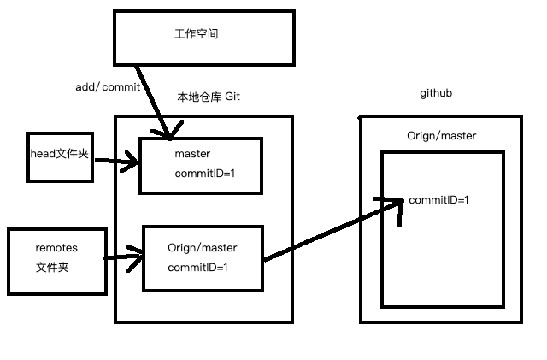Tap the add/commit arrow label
107,87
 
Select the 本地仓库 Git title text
208,97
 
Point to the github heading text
436,92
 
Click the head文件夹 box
59,156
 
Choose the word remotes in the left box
56,248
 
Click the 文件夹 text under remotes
51,267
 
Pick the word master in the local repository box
192,154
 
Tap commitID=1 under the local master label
205,174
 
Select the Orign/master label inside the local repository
203,248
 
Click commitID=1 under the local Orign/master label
198,268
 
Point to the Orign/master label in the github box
442,136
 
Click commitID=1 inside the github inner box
439,200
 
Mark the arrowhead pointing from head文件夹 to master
132,160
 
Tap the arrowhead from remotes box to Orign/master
136,255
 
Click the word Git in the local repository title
232,97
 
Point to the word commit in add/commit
120,87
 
